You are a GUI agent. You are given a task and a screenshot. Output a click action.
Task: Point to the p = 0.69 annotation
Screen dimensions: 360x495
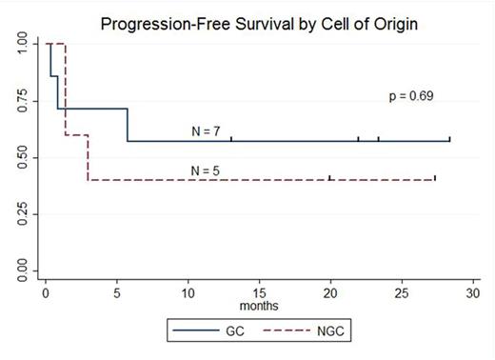[x=411, y=96]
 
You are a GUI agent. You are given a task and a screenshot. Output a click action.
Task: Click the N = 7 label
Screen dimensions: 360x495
[x=206, y=130]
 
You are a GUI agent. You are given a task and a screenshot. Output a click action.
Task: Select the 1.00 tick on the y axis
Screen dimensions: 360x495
[x=22, y=44]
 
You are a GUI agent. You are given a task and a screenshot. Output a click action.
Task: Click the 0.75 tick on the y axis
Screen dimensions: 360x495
[x=22, y=101]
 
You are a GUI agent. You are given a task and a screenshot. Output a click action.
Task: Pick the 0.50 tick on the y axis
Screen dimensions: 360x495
[x=22, y=158]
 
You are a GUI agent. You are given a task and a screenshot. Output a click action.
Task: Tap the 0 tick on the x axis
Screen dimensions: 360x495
[x=45, y=293]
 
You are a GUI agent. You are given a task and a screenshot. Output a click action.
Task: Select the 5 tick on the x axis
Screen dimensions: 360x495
[x=116, y=293]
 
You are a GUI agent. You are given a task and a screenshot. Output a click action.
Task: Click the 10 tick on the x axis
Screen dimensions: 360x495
[x=188, y=293]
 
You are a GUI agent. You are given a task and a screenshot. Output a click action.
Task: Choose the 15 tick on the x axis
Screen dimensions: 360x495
[x=259, y=293]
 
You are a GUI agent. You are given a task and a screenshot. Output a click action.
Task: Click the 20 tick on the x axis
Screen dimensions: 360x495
[x=330, y=293]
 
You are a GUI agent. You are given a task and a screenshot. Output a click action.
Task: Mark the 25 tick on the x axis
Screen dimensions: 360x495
[x=402, y=293]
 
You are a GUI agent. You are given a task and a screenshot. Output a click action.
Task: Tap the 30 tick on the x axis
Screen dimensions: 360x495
[x=473, y=293]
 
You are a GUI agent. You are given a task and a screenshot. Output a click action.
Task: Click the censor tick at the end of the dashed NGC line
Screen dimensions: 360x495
[x=435, y=178]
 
